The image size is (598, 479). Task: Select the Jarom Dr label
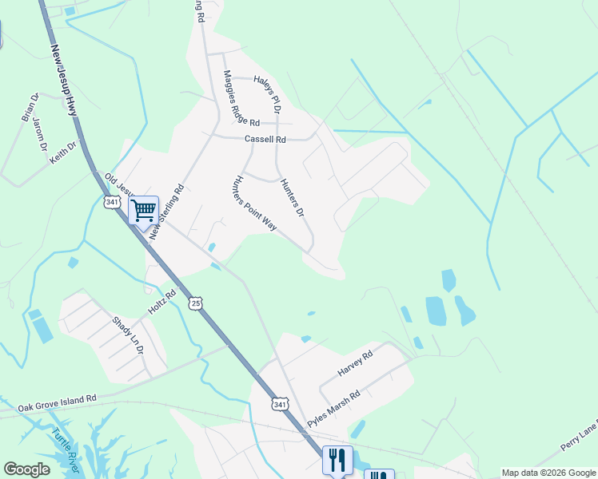point(40,134)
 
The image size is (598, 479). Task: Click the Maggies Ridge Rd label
point(241,99)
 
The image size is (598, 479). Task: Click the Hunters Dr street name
point(293,197)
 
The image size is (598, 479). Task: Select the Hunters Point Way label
point(254,204)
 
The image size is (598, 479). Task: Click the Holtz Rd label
point(161,302)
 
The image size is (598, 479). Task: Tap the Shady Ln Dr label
point(127,336)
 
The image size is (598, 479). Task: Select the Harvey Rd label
point(356,365)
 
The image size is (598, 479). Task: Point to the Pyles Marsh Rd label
point(335,408)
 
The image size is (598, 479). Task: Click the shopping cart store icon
point(144,212)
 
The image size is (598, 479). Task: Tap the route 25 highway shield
point(196,303)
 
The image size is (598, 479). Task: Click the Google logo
point(27,469)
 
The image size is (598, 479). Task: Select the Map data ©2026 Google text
point(548,473)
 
